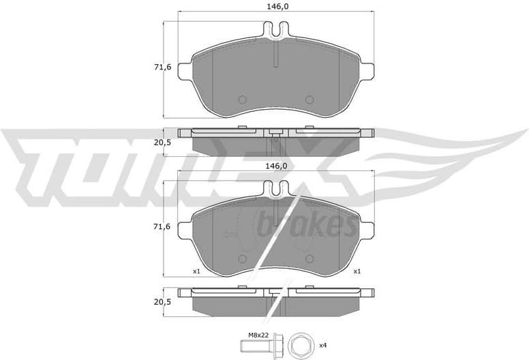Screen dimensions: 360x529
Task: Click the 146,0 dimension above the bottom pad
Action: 273,166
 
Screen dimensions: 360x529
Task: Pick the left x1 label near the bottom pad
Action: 196,271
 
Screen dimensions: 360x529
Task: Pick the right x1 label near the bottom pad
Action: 356,271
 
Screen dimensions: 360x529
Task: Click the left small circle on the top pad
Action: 241,99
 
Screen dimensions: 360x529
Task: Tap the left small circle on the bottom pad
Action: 241,259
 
